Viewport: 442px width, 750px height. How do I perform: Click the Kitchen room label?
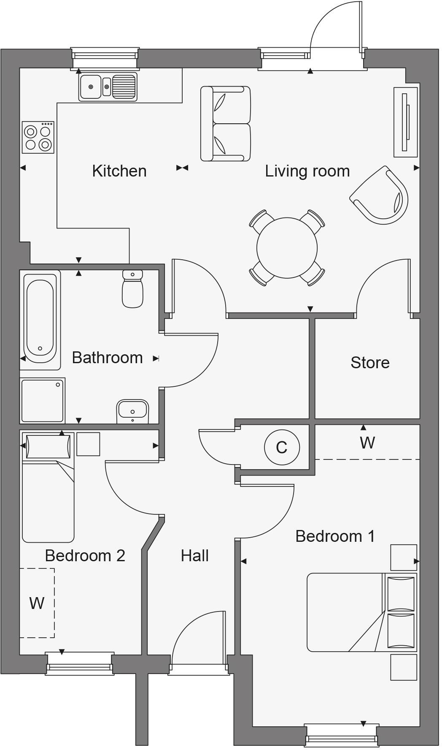coord(119,171)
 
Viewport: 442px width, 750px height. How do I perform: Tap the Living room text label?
coord(307,171)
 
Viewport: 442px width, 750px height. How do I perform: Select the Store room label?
coord(370,362)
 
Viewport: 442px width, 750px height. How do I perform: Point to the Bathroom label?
coord(107,358)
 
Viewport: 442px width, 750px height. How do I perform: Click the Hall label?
coord(194,556)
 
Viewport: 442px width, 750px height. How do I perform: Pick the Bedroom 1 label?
coord(335,536)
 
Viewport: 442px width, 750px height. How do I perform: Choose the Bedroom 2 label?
coord(85,555)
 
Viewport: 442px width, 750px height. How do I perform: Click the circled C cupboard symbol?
coord(282,447)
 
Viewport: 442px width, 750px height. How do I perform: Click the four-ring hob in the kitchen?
coord(38,138)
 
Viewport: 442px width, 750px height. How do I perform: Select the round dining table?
coord(287,247)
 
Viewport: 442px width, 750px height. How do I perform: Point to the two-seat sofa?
coord(226,124)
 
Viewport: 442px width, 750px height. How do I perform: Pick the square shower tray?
coord(42,400)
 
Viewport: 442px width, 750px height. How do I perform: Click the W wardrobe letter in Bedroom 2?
coord(37,603)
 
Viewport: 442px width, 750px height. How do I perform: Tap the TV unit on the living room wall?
coord(406,122)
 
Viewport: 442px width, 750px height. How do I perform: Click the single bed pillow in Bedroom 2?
coord(48,446)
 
